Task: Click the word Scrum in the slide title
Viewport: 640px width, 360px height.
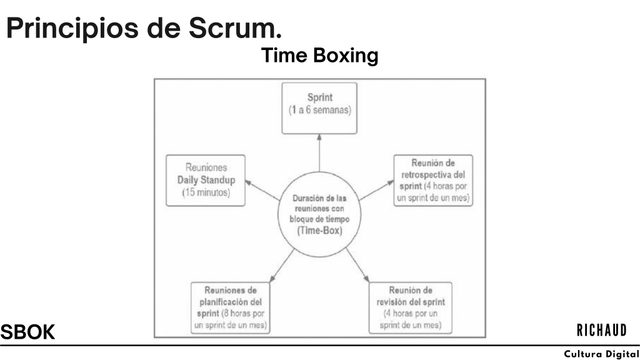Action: (234, 28)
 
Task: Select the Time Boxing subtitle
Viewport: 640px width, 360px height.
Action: (319, 56)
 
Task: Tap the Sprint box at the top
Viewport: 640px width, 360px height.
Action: (319, 107)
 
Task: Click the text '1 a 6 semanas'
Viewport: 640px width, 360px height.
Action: (319, 110)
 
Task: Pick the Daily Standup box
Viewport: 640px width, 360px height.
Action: (204, 181)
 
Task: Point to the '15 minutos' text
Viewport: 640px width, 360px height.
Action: (206, 193)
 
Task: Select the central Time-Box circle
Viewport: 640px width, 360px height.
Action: (319, 214)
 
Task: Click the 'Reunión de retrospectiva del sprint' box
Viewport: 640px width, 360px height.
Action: (434, 180)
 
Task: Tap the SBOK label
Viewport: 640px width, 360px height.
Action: (27, 332)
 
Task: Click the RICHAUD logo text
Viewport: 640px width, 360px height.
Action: (601, 330)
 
